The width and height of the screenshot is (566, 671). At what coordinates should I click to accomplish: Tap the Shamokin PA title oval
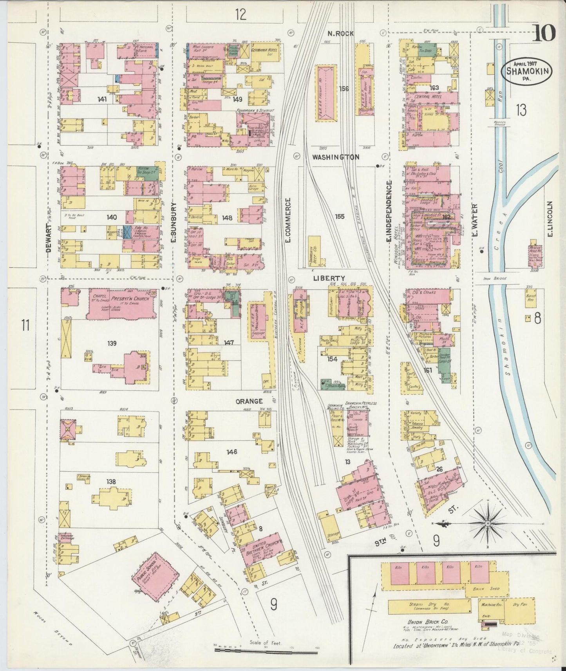point(527,72)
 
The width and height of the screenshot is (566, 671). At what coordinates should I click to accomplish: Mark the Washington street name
point(335,157)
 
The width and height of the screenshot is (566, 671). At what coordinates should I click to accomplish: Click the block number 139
point(112,343)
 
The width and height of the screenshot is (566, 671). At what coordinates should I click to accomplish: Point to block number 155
point(340,216)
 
